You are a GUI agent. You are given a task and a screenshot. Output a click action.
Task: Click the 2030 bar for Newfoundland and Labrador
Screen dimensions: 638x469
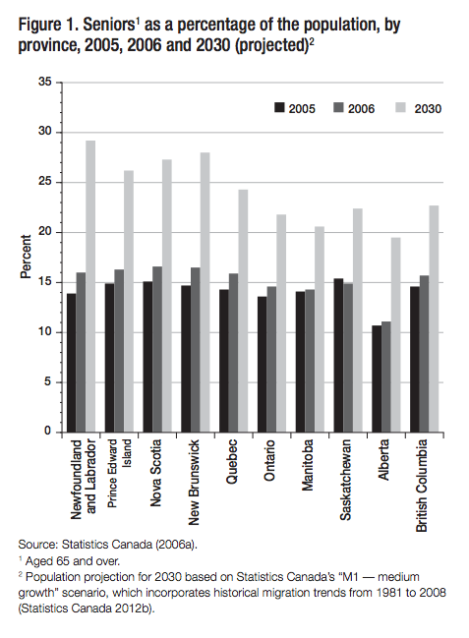[x=90, y=286]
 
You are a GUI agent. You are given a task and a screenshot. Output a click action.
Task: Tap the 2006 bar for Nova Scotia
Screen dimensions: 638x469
[x=157, y=349]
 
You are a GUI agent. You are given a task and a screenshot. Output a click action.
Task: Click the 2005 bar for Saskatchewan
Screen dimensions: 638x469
[x=339, y=355]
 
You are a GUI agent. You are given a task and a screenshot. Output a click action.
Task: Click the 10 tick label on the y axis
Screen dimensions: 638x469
[x=46, y=332]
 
